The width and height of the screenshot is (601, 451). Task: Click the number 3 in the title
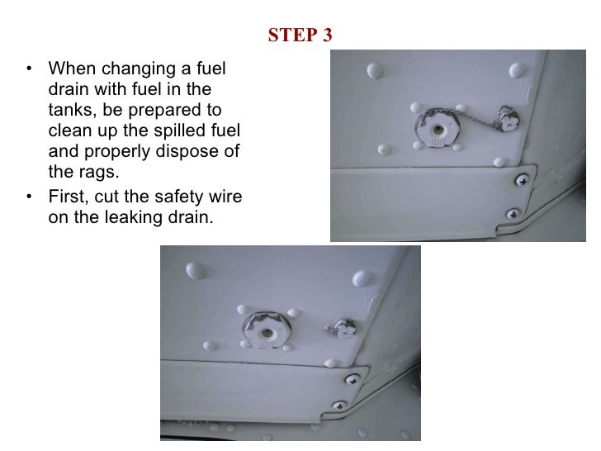[327, 35]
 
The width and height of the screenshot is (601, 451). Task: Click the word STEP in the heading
[292, 35]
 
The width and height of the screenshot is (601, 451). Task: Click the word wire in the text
[225, 197]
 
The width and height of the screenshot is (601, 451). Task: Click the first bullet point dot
[30, 69]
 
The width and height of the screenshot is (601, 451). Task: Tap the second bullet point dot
[30, 197]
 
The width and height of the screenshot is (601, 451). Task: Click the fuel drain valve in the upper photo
[438, 128]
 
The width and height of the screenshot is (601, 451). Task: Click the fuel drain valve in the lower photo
[267, 330]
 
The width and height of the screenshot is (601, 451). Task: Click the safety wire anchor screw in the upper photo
[509, 119]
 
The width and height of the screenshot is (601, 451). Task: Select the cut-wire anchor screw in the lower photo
[343, 328]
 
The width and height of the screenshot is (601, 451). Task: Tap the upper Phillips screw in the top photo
[521, 180]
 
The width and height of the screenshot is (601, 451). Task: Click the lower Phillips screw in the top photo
[513, 214]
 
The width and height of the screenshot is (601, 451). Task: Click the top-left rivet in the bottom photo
[196, 270]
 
